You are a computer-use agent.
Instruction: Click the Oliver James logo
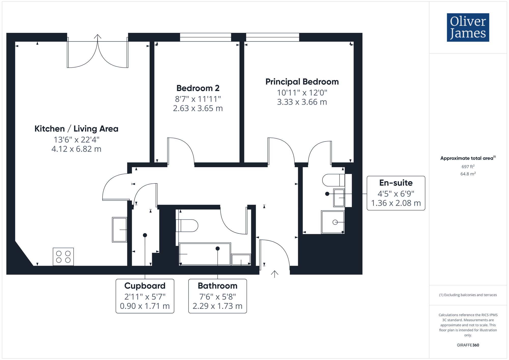468,27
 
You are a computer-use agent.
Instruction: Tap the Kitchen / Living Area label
76,129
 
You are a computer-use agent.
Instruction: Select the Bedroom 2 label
198,88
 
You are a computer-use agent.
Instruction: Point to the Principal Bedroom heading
302,82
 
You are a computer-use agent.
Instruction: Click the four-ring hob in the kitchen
63,257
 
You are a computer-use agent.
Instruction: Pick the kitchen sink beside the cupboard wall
120,230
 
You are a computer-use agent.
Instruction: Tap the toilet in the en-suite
333,180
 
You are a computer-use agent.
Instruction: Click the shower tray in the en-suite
333,222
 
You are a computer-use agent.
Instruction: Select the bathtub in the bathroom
205,254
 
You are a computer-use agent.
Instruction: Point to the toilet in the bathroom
187,225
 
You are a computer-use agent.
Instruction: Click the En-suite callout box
396,193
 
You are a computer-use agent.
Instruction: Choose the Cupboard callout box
145,296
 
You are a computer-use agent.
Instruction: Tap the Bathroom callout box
218,296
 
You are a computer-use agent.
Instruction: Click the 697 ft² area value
468,166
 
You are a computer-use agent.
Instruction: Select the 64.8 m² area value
468,174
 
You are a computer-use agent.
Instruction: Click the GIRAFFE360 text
468,345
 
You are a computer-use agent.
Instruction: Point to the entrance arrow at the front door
274,274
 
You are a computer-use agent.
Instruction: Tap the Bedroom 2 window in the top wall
205,37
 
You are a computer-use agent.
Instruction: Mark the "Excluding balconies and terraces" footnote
468,295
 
